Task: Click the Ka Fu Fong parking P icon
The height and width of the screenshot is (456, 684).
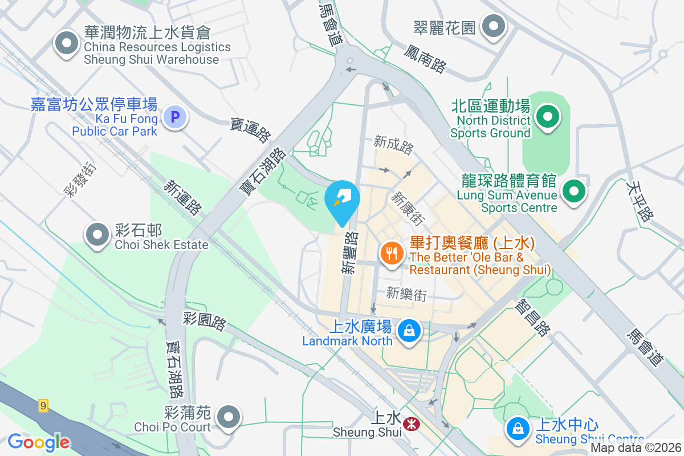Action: [x=175, y=118]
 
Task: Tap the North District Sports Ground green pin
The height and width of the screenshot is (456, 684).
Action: [x=548, y=117]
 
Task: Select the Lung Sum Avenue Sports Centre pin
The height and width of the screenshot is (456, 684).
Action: [x=574, y=191]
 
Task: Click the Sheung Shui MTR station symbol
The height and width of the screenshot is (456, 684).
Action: [x=409, y=424]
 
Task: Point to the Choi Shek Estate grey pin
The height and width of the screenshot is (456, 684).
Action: [x=97, y=234]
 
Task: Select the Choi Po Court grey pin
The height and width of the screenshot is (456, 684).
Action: [x=229, y=417]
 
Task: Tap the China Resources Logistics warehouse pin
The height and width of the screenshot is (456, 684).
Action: [x=67, y=43]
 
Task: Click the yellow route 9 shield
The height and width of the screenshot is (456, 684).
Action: [x=44, y=406]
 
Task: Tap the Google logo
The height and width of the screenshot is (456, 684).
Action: [x=39, y=442]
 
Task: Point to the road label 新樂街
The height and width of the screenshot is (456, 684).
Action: [x=406, y=294]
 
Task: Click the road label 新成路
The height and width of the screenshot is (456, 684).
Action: [x=393, y=145]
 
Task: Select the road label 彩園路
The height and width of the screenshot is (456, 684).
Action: [x=205, y=320]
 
